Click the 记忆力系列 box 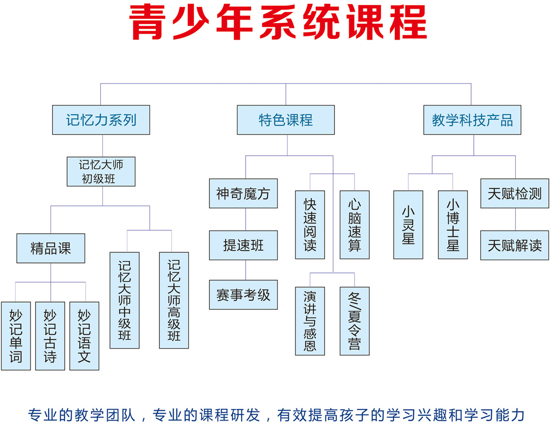point(101,120)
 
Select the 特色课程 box point(286,120)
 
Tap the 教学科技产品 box point(472,120)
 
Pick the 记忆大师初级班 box point(101,171)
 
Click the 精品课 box point(51,248)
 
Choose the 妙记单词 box point(16,336)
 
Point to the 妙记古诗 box point(50,336)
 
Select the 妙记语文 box point(84,336)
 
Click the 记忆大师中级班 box point(125,300)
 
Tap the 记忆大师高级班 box point(174,300)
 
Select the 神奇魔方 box point(243,193)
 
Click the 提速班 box point(243,245)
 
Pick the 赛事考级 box point(243,295)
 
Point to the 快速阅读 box point(310,225)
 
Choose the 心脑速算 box point(355,225)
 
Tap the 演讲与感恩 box point(310,321)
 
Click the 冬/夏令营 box point(355,321)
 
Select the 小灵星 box point(408,225)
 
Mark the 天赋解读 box point(514,245)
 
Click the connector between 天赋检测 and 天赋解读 point(515,219)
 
